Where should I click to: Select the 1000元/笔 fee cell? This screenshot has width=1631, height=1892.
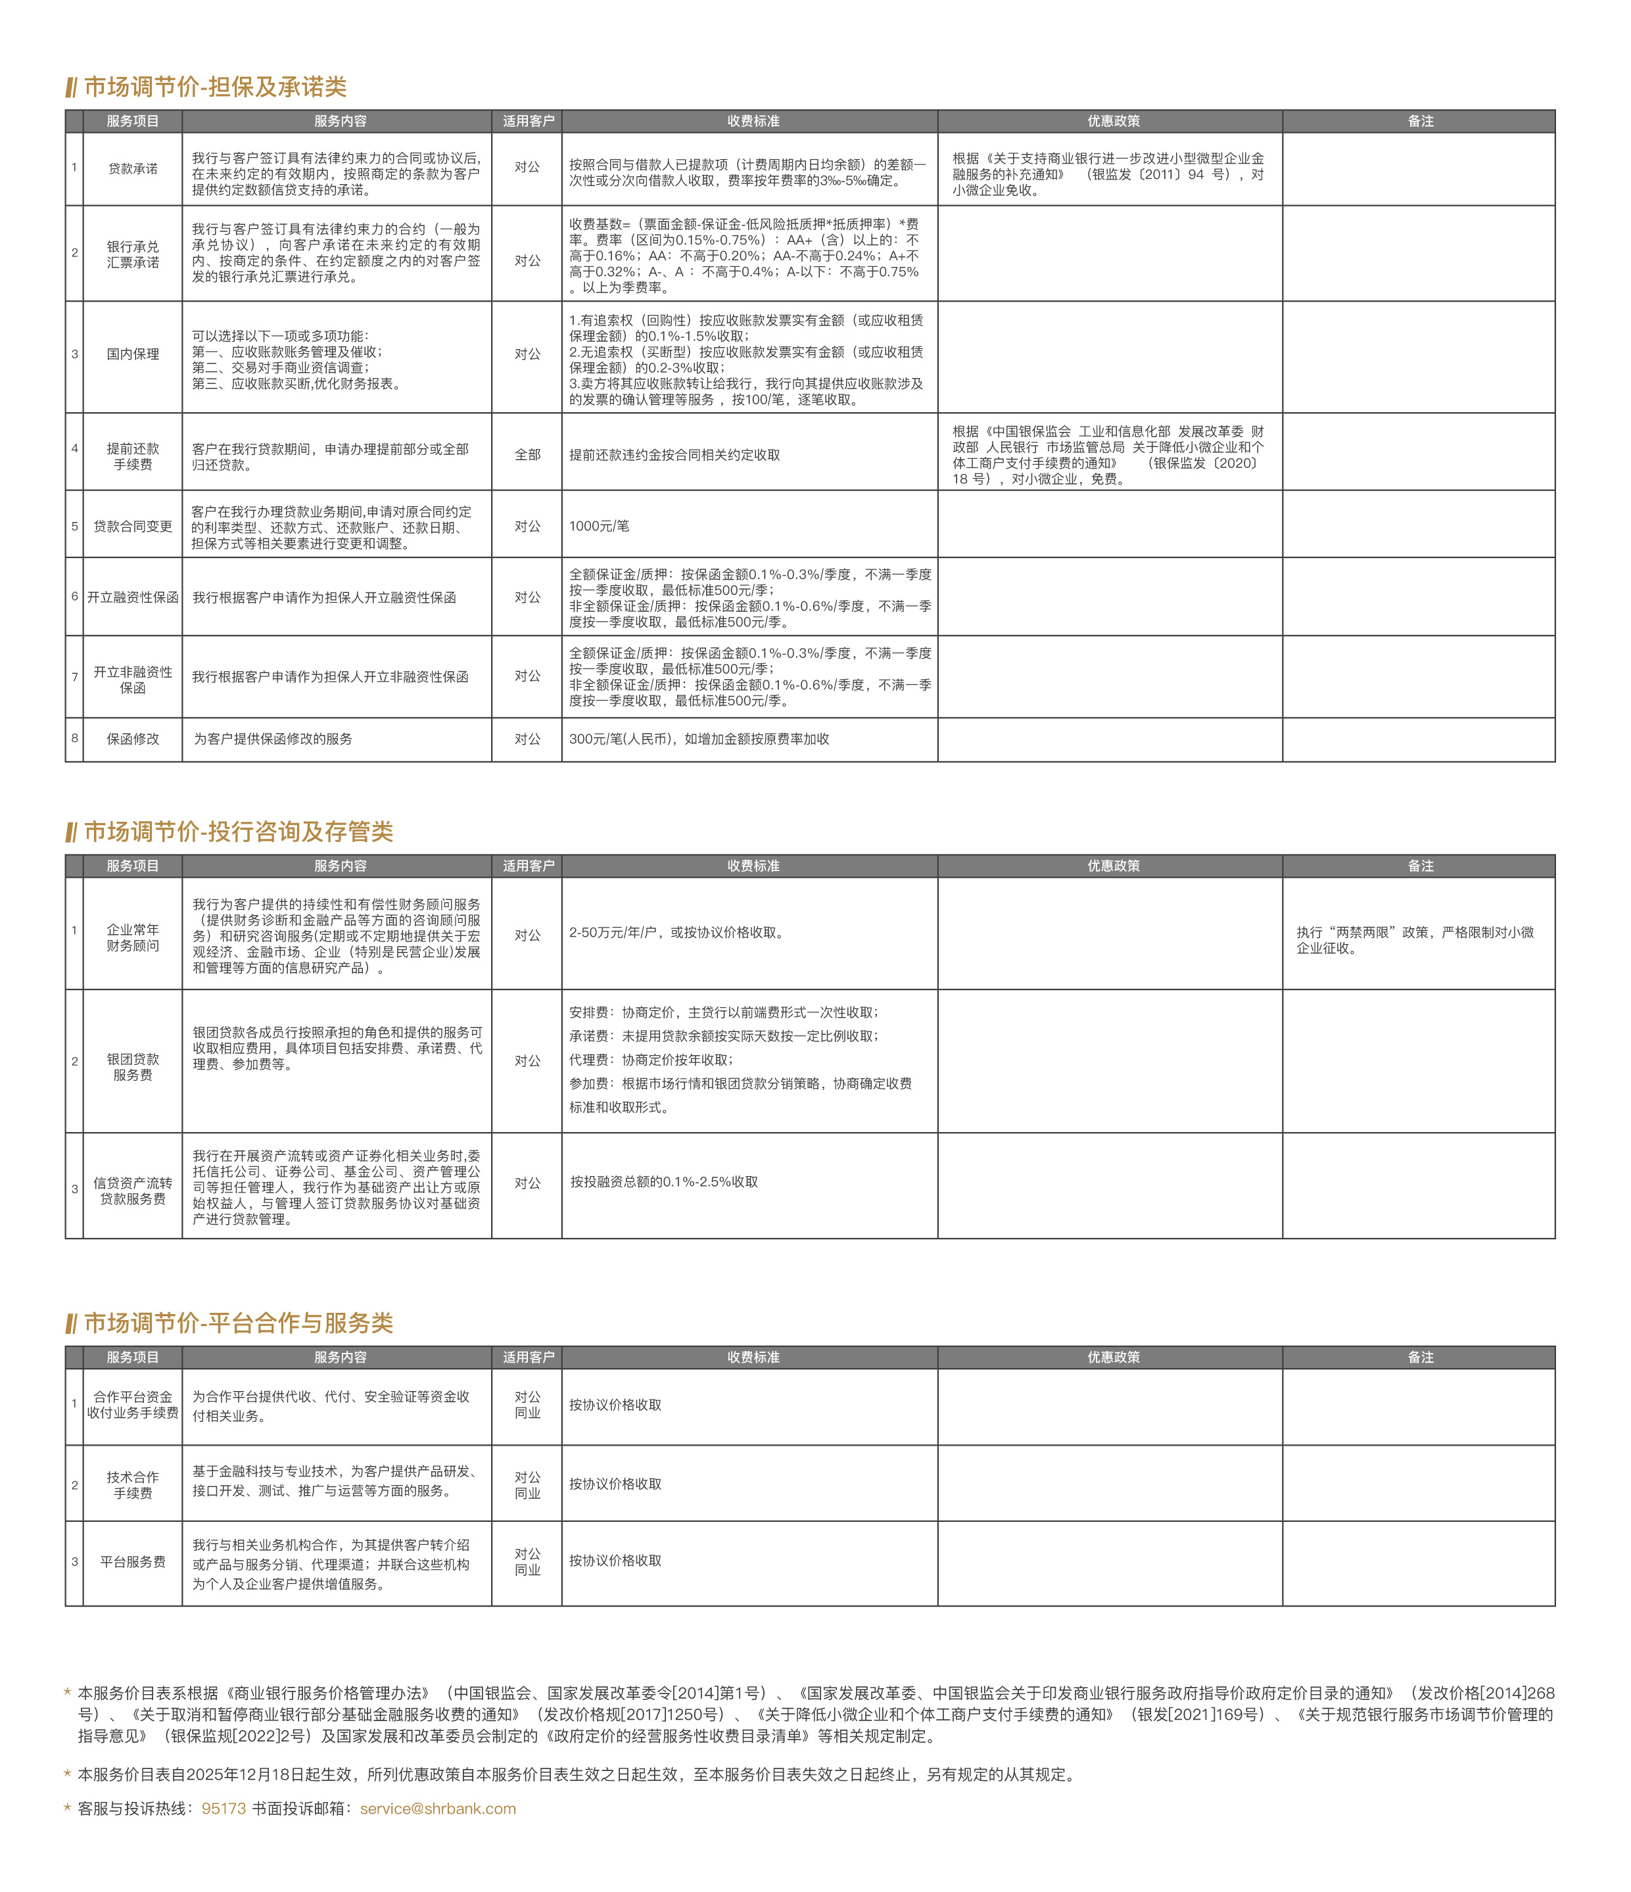click(x=599, y=526)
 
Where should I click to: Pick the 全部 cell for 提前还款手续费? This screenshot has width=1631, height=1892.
click(x=527, y=455)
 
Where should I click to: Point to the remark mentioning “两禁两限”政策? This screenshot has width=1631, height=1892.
click(x=1415, y=939)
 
